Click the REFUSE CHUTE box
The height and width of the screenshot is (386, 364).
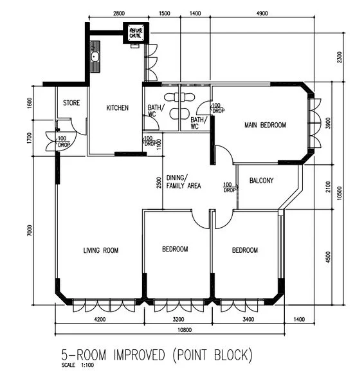pos(136,33)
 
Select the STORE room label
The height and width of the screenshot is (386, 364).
pos(71,102)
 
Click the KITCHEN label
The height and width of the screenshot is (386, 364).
pos(117,108)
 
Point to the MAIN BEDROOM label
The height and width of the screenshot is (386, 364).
pos(265,125)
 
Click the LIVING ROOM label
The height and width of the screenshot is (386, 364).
pos(101,250)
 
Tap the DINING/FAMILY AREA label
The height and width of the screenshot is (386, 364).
pos(184,181)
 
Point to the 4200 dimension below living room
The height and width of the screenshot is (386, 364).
pos(100,318)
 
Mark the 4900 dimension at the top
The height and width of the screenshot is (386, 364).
pos(262,13)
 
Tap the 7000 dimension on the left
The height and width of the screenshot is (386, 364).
pos(30,230)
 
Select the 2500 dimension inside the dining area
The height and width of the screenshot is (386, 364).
pos(158,182)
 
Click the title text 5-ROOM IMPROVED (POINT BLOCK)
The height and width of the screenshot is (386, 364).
pos(157,355)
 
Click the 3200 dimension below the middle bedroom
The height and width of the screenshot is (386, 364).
pos(178,318)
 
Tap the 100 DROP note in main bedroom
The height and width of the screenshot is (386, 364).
pos(217,107)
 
